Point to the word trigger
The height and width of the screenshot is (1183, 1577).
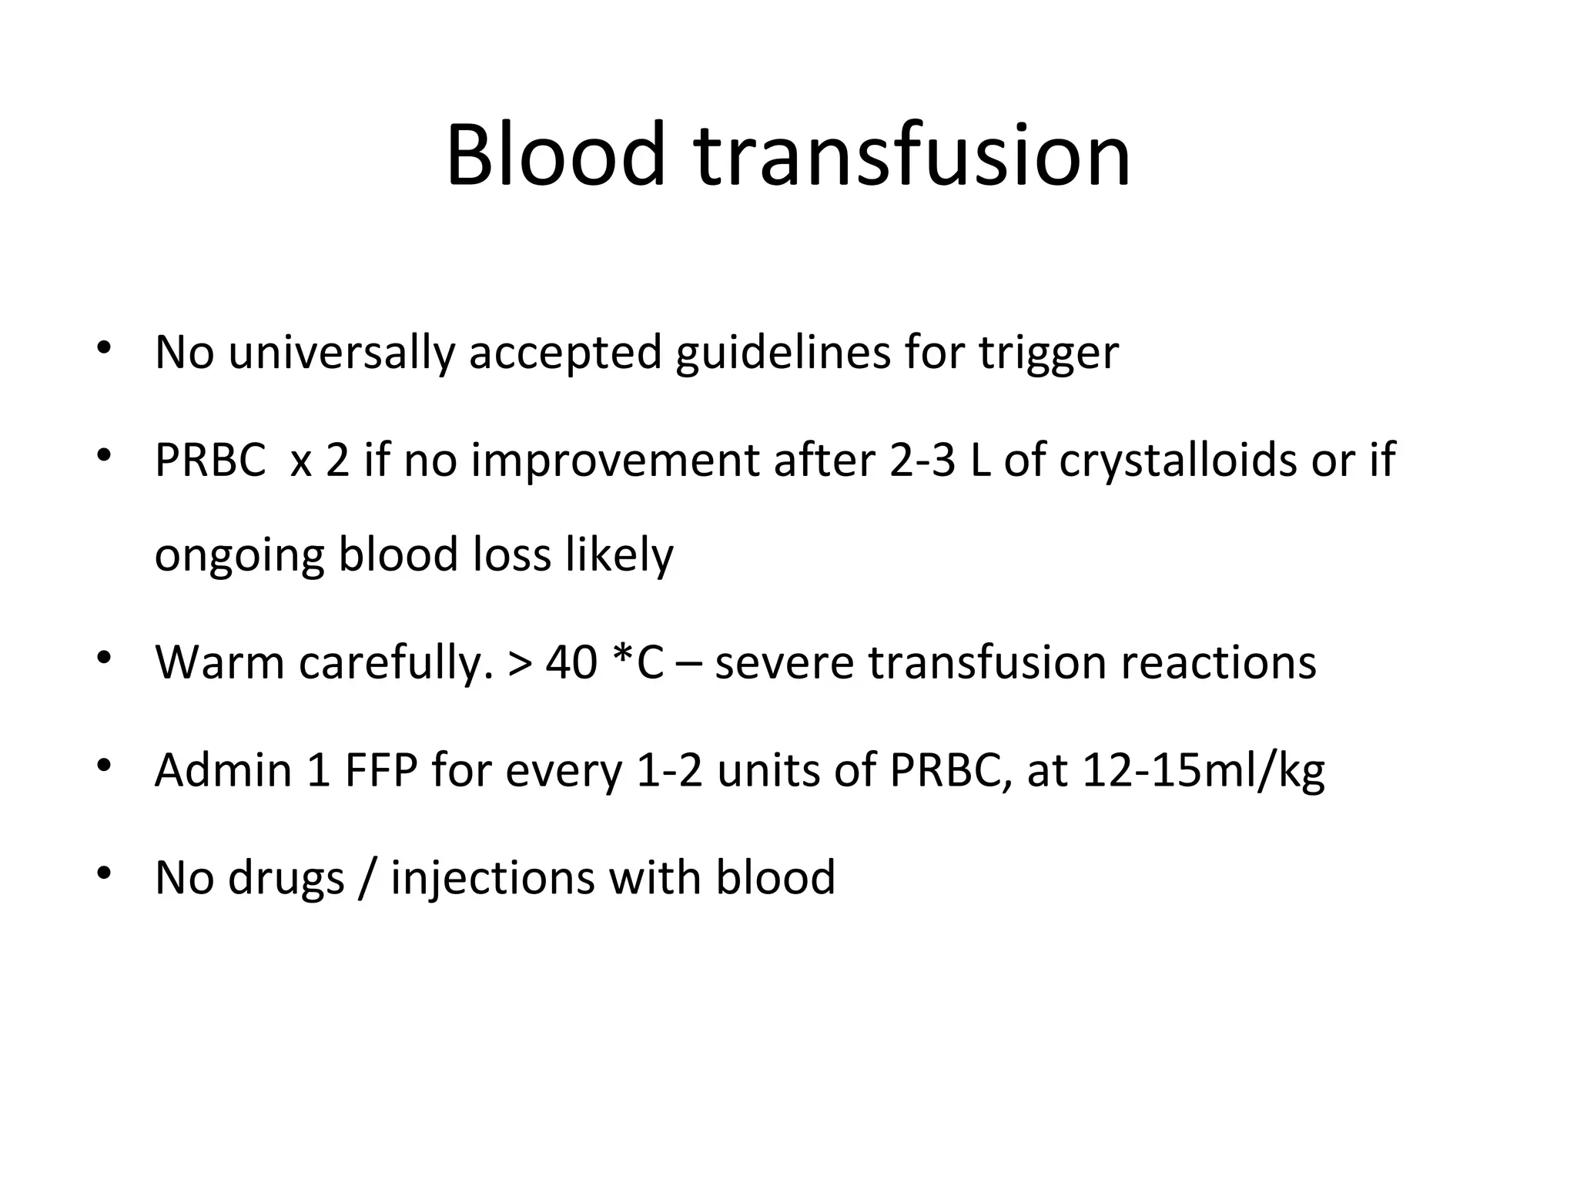1048,353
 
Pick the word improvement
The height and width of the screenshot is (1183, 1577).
614,461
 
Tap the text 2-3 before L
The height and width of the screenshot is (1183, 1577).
922,461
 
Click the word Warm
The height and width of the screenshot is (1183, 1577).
220,662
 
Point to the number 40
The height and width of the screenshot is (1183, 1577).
571,662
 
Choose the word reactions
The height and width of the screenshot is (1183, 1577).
1218,662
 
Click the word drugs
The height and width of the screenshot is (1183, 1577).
286,878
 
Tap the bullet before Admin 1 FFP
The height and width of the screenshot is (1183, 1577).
105,766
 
